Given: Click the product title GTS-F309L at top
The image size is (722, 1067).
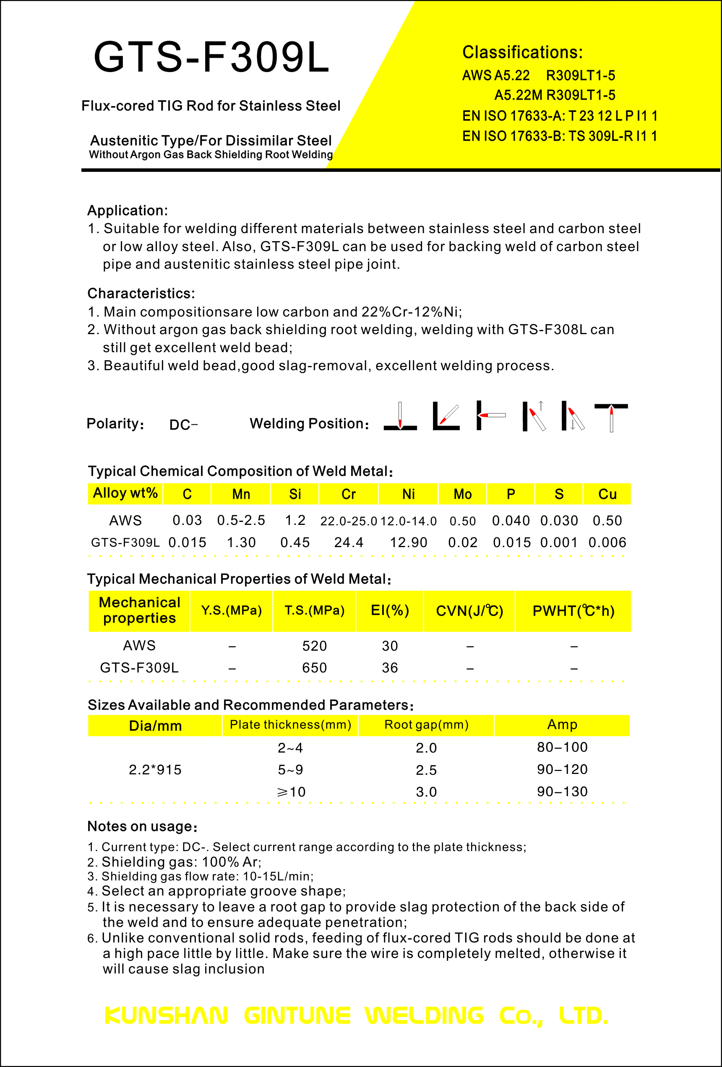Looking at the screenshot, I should pos(211,57).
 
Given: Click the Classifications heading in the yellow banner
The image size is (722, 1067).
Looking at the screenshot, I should pos(522,52).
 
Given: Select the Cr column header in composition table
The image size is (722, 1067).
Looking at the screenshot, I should pos(349,494).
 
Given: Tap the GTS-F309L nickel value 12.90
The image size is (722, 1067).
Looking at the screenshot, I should pos(408,543).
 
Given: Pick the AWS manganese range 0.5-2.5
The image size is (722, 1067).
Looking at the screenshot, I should pos(241,520).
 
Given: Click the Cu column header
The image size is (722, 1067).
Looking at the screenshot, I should pos(607,494).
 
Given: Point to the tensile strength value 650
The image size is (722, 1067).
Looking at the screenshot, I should pos(314,667).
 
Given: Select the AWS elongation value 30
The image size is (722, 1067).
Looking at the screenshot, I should pos(390,646).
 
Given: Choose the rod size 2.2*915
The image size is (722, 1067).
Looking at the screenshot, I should pos(155,769).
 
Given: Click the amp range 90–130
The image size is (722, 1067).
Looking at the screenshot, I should pos(562,792).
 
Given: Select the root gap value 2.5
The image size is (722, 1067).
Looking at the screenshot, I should pos(426,770).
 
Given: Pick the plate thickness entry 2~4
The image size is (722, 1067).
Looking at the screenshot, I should pos(290,748).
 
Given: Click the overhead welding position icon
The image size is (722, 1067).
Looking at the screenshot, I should pos(611,417).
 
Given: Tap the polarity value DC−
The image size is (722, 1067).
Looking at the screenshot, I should pos(183,425).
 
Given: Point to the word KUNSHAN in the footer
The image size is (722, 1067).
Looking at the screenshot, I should pos(166,1015).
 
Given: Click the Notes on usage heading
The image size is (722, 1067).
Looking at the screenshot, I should pos(142,826).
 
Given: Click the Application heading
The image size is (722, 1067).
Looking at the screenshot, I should pos(128,210).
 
